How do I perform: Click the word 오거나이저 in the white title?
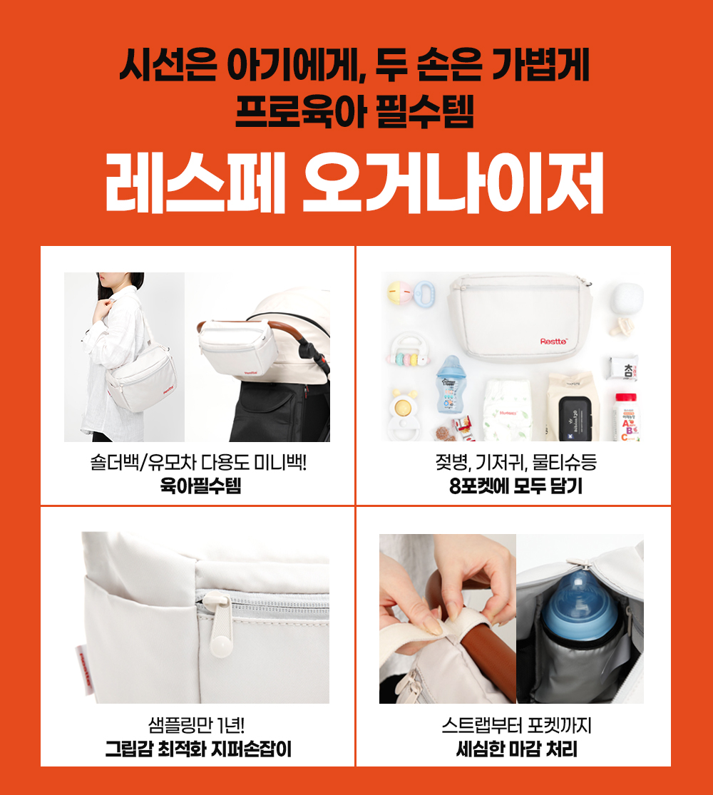(453, 182)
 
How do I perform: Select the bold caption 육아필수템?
(200, 486)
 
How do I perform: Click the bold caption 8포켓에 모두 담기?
(515, 486)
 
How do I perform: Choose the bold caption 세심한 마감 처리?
(516, 749)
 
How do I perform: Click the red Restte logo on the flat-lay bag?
(553, 342)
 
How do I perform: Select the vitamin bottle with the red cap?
(627, 417)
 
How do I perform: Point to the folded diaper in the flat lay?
(507, 411)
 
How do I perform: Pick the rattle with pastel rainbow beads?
(409, 350)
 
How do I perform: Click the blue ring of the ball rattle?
(424, 294)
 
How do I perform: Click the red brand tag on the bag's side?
(83, 669)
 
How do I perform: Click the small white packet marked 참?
(622, 369)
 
